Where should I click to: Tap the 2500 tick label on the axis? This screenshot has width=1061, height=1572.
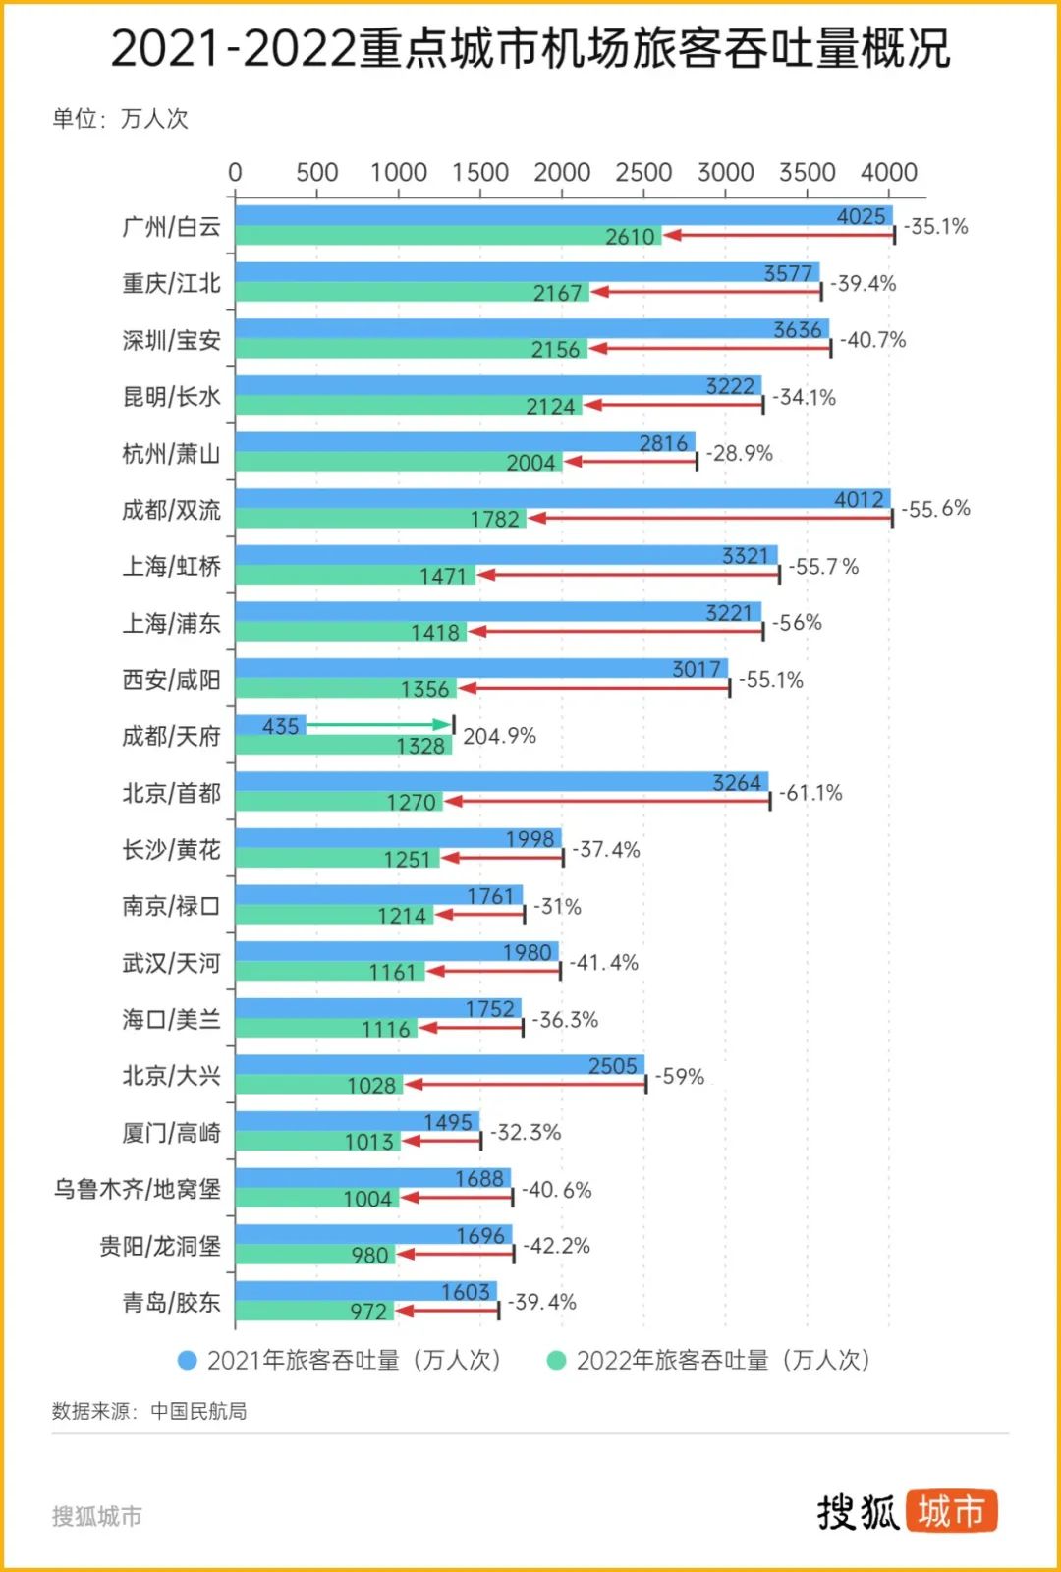coord(643,173)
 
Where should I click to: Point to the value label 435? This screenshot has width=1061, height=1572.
coord(280,726)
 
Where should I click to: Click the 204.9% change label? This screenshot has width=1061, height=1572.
coord(499,736)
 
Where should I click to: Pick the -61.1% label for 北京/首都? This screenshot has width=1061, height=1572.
coord(810,793)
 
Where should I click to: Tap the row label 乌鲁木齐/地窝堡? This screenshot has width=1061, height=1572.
coord(137,1189)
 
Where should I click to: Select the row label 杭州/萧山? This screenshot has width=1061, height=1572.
coord(171,454)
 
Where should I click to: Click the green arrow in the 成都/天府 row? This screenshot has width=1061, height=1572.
coord(379,725)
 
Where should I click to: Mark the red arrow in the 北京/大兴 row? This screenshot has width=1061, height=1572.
coord(526,1084)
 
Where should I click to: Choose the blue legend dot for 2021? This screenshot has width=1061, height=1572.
coord(187,1360)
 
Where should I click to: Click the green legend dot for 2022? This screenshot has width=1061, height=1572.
coord(556,1360)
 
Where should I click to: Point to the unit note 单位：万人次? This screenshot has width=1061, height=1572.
coord(120,119)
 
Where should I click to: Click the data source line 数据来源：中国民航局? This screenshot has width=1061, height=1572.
coord(149,1411)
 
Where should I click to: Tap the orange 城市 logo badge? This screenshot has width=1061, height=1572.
coord(951,1511)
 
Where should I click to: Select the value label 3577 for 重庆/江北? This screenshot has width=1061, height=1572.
coord(788,273)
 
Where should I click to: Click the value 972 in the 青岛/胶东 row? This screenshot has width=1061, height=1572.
coord(368,1312)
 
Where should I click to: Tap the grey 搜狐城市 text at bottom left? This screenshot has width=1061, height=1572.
coord(96,1516)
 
